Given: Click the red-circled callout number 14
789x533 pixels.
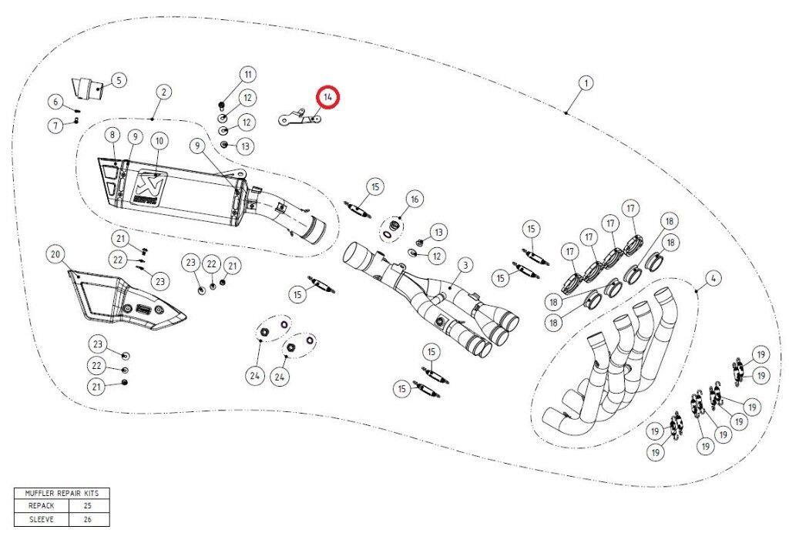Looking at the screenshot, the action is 328,97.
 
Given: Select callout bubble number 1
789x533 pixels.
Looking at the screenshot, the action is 586,82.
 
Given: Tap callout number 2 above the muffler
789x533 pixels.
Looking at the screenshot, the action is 164,92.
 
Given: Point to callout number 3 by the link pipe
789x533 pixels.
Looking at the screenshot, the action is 465,264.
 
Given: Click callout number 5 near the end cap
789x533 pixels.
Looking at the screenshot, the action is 119,80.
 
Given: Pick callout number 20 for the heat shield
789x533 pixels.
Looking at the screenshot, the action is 55,254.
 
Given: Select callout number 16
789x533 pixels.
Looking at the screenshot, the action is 415,199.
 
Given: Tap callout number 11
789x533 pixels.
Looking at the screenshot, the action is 247,75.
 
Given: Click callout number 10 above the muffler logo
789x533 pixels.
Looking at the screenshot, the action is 159,141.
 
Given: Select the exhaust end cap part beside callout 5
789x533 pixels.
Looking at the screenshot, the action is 86,89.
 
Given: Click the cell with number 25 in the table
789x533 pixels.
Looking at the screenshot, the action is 88,506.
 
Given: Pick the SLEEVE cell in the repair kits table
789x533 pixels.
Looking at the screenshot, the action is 42,519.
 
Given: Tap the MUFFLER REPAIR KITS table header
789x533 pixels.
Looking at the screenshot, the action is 62,493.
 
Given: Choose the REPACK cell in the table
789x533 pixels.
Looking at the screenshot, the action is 42,506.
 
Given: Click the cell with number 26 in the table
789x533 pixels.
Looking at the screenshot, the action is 88,519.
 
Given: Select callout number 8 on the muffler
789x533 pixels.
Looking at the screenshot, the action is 112,135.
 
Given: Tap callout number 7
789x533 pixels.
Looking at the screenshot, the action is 55,125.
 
